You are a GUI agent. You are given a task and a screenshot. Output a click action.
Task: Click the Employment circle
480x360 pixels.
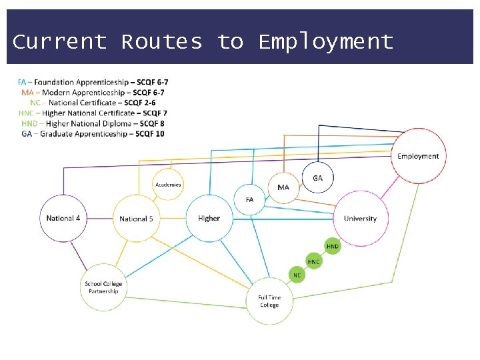[x=418, y=156]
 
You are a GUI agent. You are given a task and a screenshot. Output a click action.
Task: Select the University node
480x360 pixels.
[x=360, y=219]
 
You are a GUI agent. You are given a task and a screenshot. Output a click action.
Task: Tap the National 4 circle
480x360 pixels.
[x=64, y=219]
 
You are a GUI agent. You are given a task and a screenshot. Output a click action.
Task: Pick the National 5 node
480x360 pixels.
[x=137, y=219]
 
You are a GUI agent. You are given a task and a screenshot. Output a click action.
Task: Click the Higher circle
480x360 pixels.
[x=209, y=219]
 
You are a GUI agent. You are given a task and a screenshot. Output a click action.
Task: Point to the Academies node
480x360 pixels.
[x=168, y=185]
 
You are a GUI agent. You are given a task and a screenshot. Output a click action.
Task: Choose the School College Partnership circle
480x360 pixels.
[x=103, y=287]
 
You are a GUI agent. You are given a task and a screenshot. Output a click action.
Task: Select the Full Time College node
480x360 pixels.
[x=269, y=301]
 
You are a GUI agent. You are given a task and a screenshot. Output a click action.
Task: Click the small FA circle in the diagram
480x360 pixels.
[x=250, y=199]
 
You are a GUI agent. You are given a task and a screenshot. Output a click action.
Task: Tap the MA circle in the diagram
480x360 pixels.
[x=283, y=187]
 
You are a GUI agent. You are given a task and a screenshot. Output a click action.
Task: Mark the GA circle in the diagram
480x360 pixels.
[x=317, y=178]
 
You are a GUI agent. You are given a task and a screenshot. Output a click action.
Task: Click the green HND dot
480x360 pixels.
[x=333, y=246]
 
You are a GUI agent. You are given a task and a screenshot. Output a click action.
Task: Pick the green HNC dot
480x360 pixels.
[x=314, y=262]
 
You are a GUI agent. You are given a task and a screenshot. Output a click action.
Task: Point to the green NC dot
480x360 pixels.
[x=297, y=275]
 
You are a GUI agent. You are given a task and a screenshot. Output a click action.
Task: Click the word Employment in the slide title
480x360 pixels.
[x=326, y=42]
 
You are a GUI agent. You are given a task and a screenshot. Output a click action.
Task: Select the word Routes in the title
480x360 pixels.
[x=162, y=42]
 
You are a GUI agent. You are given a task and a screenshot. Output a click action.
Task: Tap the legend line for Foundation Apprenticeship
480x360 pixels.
[x=93, y=82]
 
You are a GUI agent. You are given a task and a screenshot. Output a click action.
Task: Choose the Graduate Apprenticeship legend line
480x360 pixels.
[x=93, y=134]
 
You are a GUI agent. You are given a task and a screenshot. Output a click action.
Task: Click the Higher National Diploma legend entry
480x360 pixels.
[x=93, y=123]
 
